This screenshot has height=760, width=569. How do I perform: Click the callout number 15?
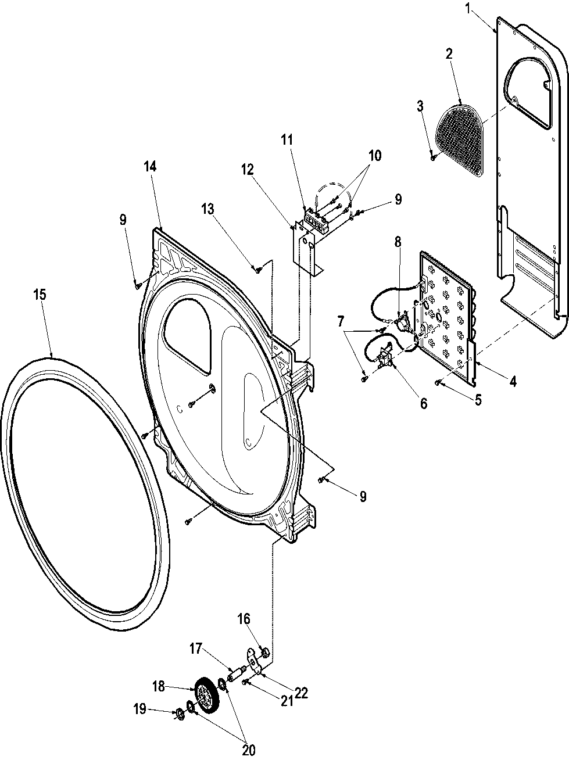click(39, 294)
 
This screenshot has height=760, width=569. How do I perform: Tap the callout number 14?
click(149, 166)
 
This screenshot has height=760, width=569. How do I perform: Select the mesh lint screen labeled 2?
click(459, 138)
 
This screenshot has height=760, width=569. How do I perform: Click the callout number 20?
click(248, 750)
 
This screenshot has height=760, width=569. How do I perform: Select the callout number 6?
click(423, 402)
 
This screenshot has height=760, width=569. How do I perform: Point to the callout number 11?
click(287, 139)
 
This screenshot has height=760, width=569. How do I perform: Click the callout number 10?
click(374, 155)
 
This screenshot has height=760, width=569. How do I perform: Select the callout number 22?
click(300, 693)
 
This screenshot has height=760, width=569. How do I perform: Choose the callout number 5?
click(478, 400)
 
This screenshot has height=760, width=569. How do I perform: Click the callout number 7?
click(340, 320)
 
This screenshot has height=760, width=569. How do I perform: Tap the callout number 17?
click(196, 647)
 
